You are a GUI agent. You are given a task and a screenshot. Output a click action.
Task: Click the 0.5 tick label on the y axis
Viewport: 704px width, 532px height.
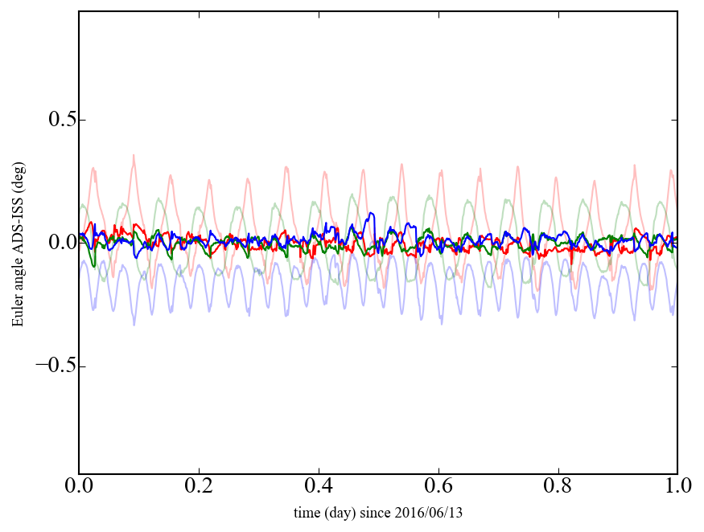coord(54,120)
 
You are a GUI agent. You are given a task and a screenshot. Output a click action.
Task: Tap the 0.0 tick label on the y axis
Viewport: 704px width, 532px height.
coord(54,243)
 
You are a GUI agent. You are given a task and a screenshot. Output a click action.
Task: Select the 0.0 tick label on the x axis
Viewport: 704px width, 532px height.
coord(79,488)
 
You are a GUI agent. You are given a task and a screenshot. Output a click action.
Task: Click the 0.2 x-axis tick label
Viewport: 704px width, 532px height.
coord(199,488)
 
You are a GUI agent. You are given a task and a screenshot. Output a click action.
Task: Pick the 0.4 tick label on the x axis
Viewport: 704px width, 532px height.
coord(319,488)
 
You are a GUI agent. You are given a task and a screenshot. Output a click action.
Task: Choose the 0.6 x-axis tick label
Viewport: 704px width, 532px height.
coord(438,488)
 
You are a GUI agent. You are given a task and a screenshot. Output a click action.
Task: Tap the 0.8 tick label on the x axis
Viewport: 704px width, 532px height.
coord(558,488)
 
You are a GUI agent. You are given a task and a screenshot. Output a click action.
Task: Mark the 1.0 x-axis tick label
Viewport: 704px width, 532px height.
coord(677,488)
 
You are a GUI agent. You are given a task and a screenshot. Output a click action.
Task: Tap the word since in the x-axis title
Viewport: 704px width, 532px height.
coord(377,512)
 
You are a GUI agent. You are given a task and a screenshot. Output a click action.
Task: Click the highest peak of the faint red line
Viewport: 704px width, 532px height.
coord(134,155)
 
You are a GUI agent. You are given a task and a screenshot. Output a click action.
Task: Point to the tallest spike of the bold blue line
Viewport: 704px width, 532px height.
coord(370,214)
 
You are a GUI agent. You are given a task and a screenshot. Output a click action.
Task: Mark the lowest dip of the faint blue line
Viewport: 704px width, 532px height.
coord(134,324)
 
